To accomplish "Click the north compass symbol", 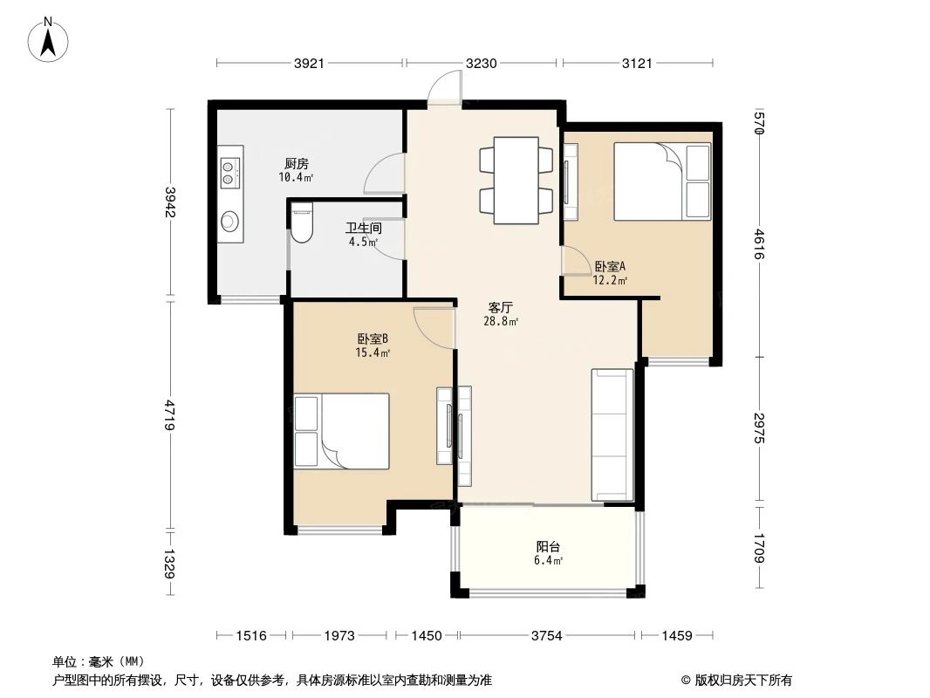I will point(51,39).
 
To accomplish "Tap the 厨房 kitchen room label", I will point(296,163).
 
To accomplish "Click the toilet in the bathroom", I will point(301,223).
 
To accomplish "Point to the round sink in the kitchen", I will point(229,221).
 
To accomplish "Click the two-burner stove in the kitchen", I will point(229,171).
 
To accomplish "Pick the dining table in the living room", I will point(516,181).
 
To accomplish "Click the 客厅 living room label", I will point(500,307).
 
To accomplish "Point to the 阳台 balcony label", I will point(549,547).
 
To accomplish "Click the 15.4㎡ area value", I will point(373,352).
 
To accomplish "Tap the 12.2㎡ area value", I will point(611,281).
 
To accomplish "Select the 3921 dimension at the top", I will point(309,63).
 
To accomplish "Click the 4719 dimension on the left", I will point(170,414).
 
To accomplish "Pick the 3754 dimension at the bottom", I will point(548,636).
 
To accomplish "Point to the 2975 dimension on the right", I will point(758,428).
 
